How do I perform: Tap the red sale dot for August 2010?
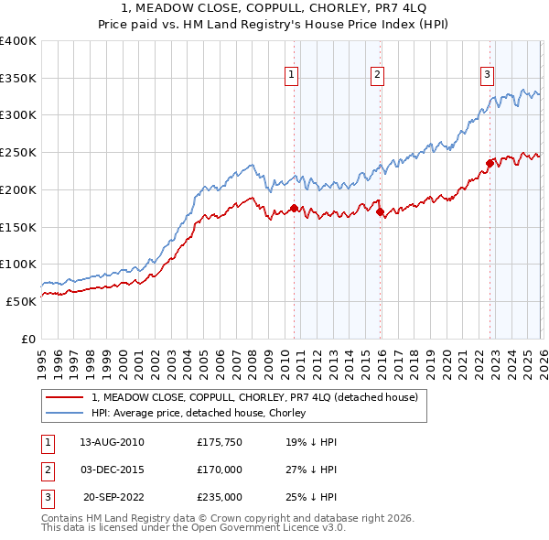294,209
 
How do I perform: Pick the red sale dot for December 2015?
380,212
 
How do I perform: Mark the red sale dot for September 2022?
490,164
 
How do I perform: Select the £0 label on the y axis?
27,339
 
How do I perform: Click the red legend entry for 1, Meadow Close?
254,397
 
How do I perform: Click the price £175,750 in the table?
220,441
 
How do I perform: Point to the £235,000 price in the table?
220,498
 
